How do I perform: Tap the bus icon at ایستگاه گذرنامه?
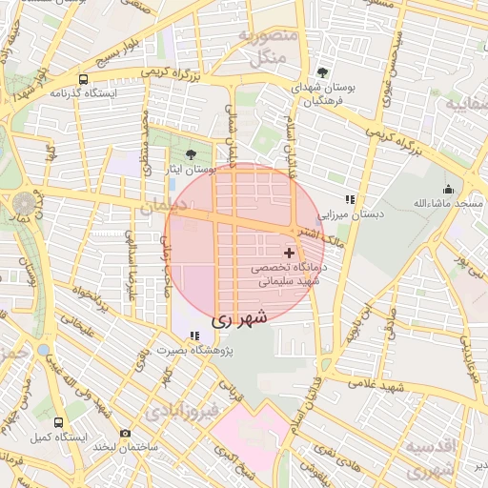click(84, 80)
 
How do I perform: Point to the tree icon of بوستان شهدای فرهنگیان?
click(323, 72)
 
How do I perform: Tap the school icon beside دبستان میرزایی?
click(350, 199)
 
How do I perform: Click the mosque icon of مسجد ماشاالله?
click(448, 189)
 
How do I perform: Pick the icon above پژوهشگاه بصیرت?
click(194, 335)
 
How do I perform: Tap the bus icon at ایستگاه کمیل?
click(59, 422)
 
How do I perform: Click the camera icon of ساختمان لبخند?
click(125, 434)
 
